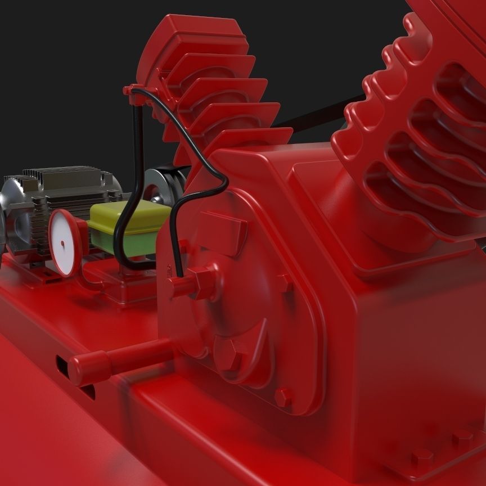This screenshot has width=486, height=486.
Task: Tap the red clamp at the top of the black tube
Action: (x=135, y=93)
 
